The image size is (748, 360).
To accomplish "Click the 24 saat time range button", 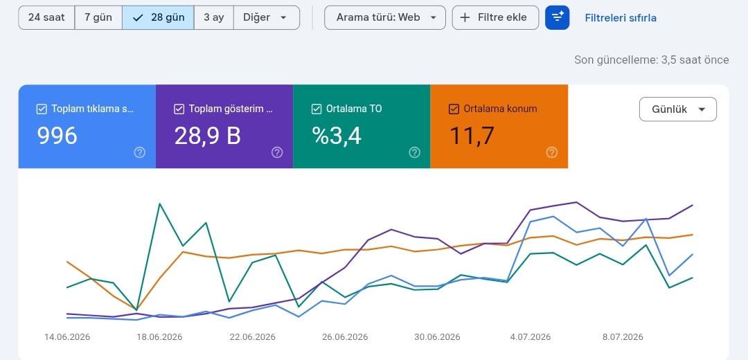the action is (46, 17).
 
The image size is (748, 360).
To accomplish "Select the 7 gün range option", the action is (98, 17).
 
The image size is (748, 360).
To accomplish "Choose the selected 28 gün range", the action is (158, 17).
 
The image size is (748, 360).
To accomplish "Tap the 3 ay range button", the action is (214, 17).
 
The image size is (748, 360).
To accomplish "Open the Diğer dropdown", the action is (267, 17).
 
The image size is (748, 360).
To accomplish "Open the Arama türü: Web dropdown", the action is (385, 17).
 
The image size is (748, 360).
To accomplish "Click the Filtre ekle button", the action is (495, 17).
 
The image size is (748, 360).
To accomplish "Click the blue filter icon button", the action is (557, 17).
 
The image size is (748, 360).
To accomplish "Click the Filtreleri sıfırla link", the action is (621, 18).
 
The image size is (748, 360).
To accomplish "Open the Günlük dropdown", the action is (678, 109).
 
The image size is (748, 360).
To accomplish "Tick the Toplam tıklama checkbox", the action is (42, 109).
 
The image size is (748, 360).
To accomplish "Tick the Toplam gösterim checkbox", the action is (179, 109).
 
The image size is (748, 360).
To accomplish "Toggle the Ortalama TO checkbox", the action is (317, 109).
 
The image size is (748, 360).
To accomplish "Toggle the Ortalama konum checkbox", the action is (454, 109).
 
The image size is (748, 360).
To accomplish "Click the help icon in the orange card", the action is (552, 152).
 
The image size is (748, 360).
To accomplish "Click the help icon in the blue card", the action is (140, 152).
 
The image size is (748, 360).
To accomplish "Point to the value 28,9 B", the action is (208, 136).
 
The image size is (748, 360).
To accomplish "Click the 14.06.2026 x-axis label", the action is (67, 337).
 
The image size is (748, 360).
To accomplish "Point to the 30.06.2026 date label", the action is (438, 337).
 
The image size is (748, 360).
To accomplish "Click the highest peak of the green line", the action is (159, 204).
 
